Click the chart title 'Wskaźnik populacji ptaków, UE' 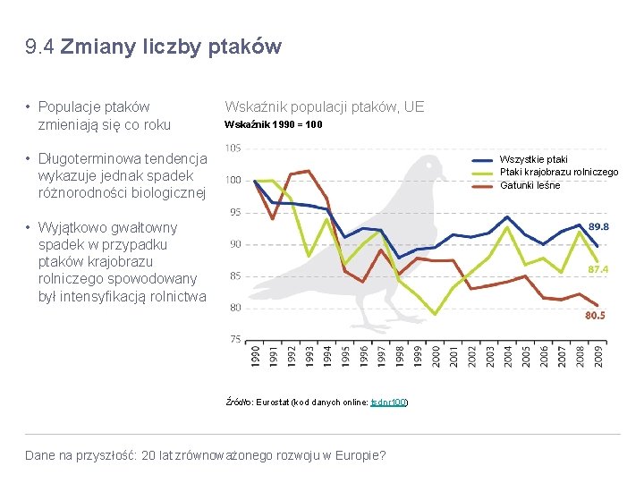point(324,107)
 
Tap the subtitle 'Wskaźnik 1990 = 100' point(274,124)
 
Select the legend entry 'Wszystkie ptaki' point(533,160)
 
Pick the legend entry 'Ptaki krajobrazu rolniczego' point(558,173)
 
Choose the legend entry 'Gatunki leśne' point(530,185)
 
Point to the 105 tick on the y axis point(233,148)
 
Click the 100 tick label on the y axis point(233,180)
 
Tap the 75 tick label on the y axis point(234,339)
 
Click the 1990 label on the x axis point(255,355)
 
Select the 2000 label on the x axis point(436,355)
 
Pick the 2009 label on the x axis point(597,355)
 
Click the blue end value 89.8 point(598,227)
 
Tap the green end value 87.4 point(598,269)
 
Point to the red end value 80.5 point(595,315)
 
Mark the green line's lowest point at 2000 point(435,314)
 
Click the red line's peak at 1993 point(308,171)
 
